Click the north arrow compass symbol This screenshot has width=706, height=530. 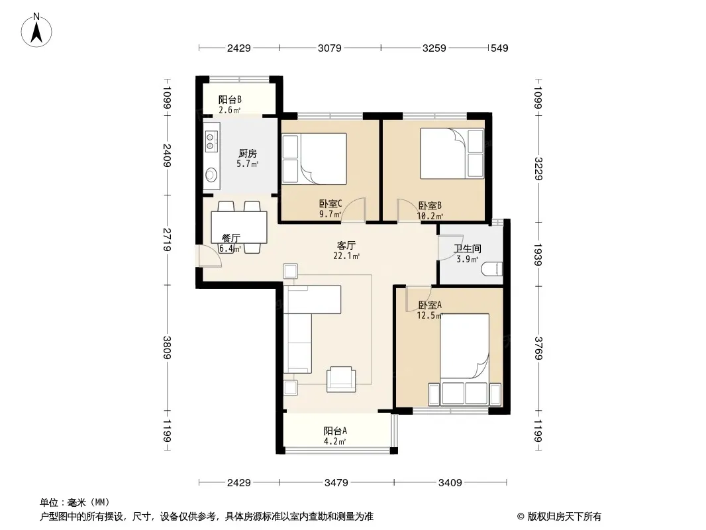pos(36,30)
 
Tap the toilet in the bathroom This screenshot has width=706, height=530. pos(491,269)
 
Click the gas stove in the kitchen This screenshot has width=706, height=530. pos(212,140)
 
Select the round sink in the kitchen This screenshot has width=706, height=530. pos(211,174)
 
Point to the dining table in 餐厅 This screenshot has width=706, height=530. pos(239,227)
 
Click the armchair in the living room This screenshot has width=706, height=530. pos(340,379)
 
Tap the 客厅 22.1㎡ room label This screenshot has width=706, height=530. pos(346,251)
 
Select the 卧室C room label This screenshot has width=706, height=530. pos(330,204)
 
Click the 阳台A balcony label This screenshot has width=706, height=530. pos(335,431)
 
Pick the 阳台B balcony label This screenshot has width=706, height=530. pos(230,99)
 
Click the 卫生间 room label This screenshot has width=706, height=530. pos(468,248)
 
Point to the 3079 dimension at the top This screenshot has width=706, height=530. pos(330,48)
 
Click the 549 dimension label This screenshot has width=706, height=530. pos(499,48)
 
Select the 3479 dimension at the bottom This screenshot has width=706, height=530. pos(336,483)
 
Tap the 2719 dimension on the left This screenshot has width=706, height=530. pos(167,240)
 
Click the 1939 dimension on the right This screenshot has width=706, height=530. pos(538,254)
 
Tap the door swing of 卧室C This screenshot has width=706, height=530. pos(354,210)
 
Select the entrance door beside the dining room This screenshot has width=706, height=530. pos(208,256)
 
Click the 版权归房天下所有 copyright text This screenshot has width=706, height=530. pos(564,517)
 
